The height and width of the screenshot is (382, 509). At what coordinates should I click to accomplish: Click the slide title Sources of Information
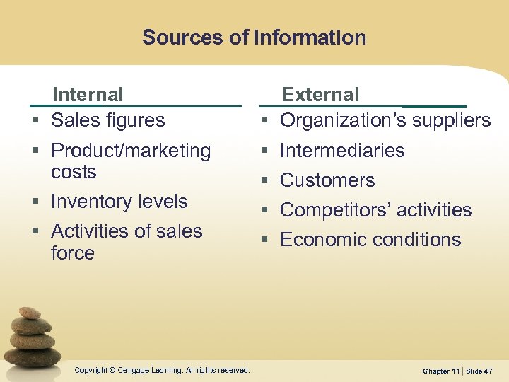254,37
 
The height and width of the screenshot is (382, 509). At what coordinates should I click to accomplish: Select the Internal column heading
88,94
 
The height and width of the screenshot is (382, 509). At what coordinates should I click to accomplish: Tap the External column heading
320,94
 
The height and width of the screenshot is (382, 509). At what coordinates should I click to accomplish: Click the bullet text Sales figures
107,120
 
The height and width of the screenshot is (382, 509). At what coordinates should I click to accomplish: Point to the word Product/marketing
131,151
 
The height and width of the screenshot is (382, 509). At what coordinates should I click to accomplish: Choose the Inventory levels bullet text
119,202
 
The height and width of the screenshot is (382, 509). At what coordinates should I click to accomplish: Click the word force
72,253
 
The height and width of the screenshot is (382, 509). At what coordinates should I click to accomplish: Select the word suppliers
447,120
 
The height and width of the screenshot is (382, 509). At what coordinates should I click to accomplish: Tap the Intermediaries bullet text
342,151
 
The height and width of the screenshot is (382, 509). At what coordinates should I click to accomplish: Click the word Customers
327,180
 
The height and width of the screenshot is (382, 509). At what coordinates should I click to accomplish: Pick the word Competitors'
335,210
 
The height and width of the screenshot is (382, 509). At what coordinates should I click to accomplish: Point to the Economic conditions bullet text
370,240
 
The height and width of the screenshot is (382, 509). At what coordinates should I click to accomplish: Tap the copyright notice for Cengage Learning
162,370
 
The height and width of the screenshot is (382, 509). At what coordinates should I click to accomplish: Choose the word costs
74,172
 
